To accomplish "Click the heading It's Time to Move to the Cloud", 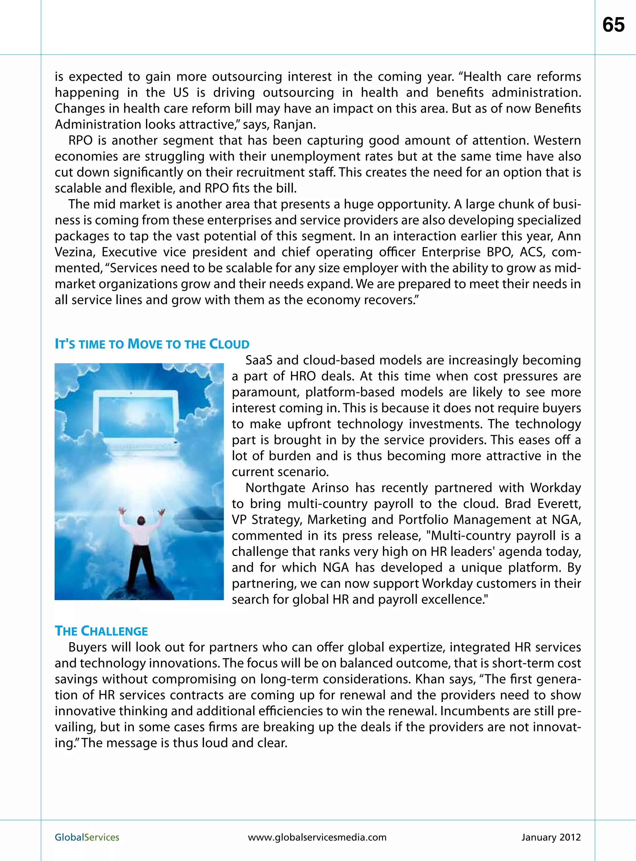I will pyautogui.click(x=152, y=344).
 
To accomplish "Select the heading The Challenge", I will pyautogui.click(x=101, y=631).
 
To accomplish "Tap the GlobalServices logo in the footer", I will pyautogui.click(x=87, y=837).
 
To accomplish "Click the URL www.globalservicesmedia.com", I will pyautogui.click(x=317, y=837).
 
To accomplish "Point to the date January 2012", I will pyautogui.click(x=551, y=837).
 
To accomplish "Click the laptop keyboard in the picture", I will pyautogui.click(x=143, y=446).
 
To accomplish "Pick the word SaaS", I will pyautogui.click(x=259, y=360).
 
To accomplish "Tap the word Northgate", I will pyautogui.click(x=275, y=488).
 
